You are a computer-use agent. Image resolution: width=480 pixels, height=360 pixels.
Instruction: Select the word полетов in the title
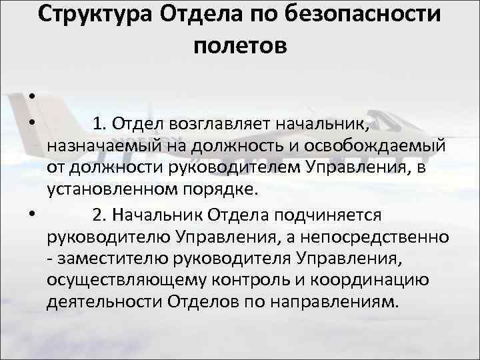(x=241, y=45)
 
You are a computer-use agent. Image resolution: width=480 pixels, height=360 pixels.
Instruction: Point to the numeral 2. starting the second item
(x=99, y=215)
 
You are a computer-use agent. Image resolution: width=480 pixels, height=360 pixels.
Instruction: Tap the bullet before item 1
(x=31, y=123)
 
